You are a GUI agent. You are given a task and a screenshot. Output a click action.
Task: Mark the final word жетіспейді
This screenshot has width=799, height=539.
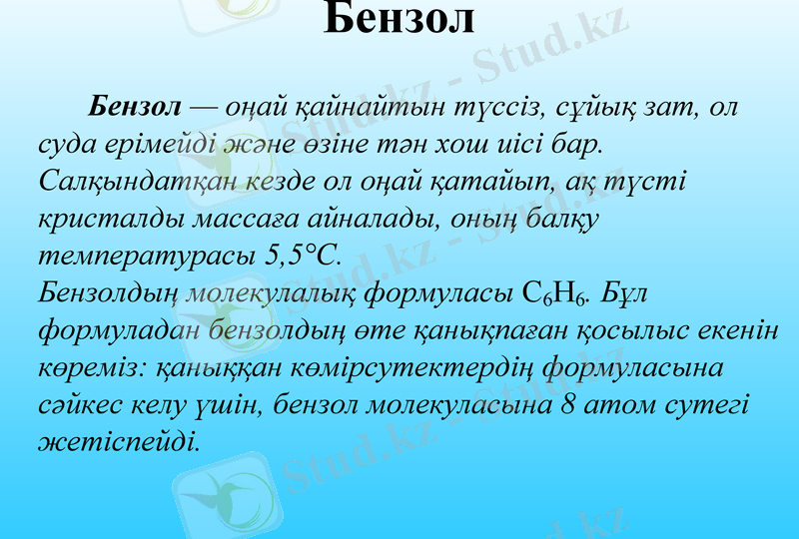tap(117, 440)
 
